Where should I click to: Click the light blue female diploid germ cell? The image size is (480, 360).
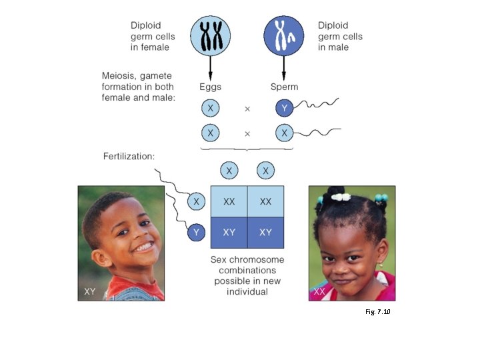pos(211,35)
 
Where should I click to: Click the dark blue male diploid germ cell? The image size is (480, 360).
pos(284,35)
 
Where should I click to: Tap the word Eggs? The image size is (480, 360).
pos(210,87)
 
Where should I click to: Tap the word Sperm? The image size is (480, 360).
pos(284,87)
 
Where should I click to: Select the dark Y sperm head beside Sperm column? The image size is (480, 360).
pos(284,107)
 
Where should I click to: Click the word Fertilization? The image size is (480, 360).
pos(129,157)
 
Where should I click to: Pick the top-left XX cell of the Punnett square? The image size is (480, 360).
pos(229,201)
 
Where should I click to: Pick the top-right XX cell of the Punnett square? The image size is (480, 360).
pos(265,201)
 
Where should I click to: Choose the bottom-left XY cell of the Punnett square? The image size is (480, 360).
pos(229,233)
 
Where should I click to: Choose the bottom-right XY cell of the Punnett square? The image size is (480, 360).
pos(265,233)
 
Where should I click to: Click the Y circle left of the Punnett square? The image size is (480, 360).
pos(195,233)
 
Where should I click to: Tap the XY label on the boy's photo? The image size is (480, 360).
pos(90,291)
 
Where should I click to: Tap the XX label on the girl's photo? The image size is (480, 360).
pos(319,292)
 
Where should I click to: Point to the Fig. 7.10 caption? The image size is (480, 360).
pos(377,311)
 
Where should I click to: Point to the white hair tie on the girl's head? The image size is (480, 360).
pos(341,197)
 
